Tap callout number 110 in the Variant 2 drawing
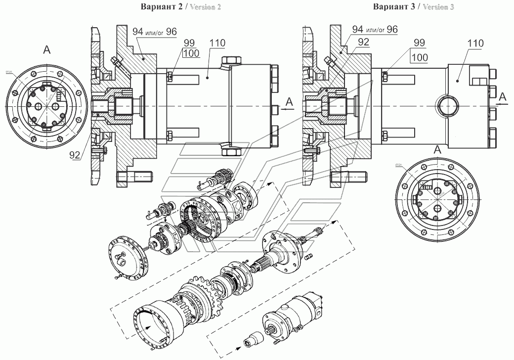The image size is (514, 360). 216,43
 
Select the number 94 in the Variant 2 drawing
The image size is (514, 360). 139,31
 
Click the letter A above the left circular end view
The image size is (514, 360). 47,48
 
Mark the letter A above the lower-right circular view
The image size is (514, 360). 437,149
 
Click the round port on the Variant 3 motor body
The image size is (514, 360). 447,105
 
